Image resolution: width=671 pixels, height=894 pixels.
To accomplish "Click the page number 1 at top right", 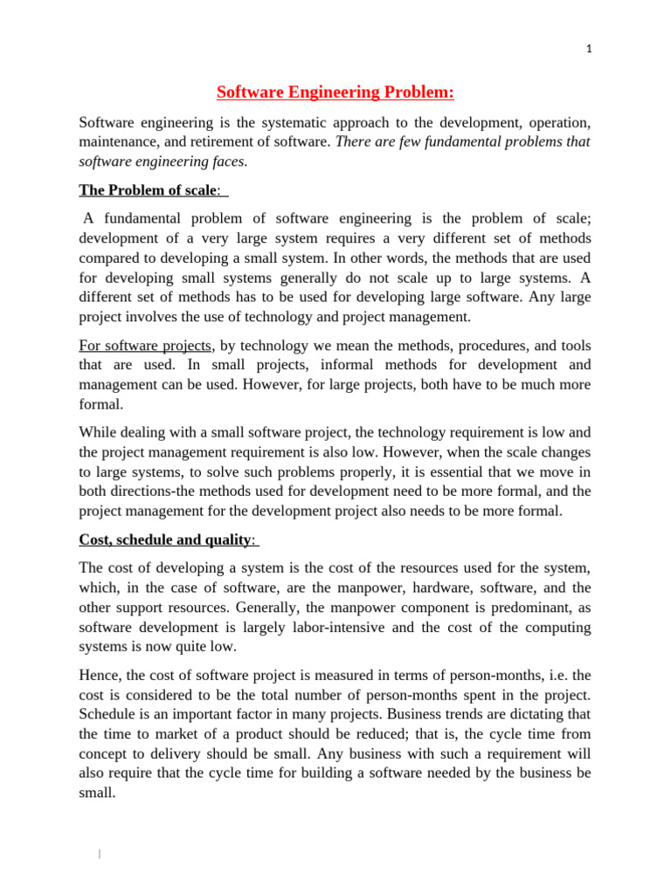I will (589, 50).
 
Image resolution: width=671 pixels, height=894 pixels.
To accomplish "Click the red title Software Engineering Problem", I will (335, 93).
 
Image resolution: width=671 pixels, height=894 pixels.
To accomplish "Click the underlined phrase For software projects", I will (146, 345).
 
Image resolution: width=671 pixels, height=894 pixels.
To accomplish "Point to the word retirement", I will (238, 141).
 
